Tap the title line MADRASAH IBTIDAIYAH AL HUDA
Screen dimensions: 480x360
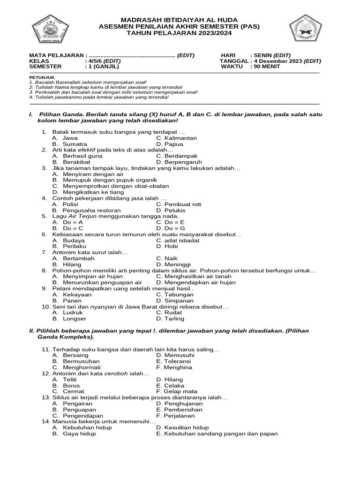(180, 20)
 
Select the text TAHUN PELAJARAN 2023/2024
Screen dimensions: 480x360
(180, 33)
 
